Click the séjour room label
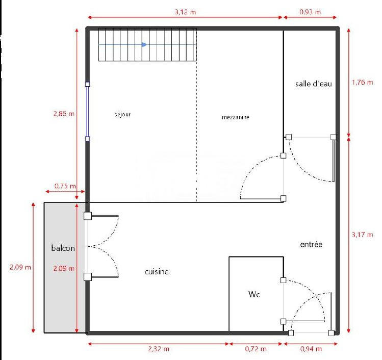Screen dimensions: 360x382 click(x=122, y=115)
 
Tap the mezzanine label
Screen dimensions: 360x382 click(x=236, y=117)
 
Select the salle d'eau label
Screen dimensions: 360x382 click(x=314, y=84)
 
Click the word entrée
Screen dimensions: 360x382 click(x=311, y=245)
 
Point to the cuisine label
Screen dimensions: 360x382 click(x=157, y=272)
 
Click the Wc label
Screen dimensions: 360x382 click(x=254, y=295)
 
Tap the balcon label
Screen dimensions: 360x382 click(x=63, y=248)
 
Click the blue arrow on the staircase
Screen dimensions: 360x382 click(x=144, y=45)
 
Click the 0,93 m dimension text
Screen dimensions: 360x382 click(x=310, y=11)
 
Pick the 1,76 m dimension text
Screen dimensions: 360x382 click(x=363, y=84)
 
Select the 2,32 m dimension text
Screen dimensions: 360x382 click(x=158, y=349)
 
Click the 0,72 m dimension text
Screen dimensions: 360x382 click(x=256, y=349)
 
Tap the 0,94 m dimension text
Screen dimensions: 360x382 click(x=312, y=349)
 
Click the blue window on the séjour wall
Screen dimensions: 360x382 click(x=88, y=111)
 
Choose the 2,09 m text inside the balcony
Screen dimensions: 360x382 click(x=64, y=268)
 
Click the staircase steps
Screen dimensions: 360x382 click(x=168, y=45)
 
